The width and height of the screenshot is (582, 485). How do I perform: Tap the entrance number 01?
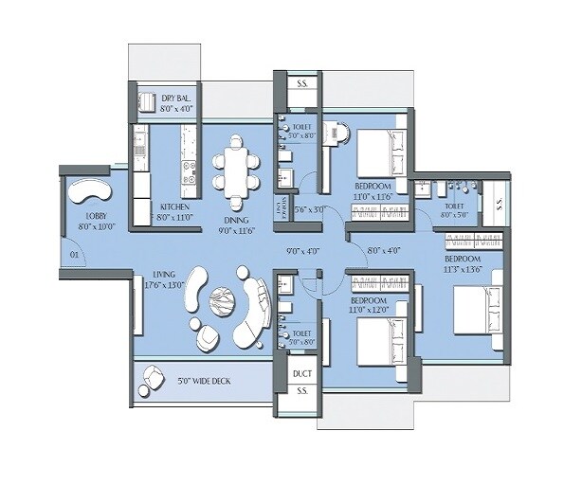pos(74,255)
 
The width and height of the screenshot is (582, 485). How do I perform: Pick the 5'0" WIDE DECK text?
pos(205,383)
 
